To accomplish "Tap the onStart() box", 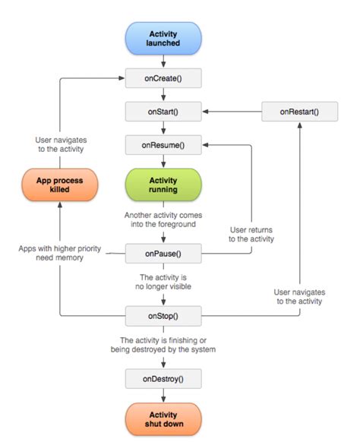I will click(164, 111).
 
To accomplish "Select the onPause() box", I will click(164, 253).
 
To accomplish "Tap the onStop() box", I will click(164, 314).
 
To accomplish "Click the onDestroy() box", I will click(164, 377).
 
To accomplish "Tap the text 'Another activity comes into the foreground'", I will click(164, 220).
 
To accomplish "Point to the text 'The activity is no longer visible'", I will click(164, 283).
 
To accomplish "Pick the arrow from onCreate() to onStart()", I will click(164, 94).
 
